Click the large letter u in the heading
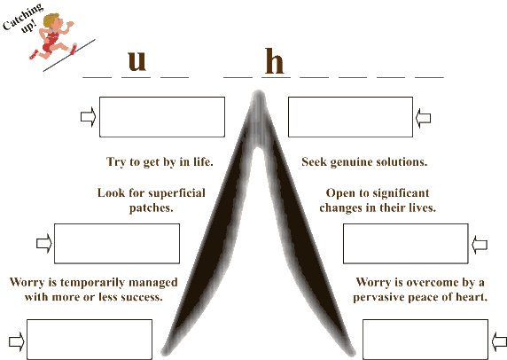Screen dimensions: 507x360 tap(137, 61)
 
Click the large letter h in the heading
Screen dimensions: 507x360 tap(275, 61)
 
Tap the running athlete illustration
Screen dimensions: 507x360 tap(53, 36)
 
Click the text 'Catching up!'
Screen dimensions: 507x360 tap(23, 18)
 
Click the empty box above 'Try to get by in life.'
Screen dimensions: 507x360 tap(162, 117)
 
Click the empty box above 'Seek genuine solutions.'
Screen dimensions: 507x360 tap(350, 117)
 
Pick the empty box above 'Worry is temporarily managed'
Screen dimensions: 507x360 tap(117, 244)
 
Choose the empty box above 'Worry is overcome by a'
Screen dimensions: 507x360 tap(406, 244)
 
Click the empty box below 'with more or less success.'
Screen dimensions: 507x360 tap(90, 340)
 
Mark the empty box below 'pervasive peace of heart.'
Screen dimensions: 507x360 tap(425, 340)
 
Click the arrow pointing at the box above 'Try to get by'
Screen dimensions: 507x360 tap(89, 117)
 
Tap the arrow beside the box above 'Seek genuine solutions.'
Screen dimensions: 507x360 tap(424, 118)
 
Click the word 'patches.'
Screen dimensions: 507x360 tap(151, 208)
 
